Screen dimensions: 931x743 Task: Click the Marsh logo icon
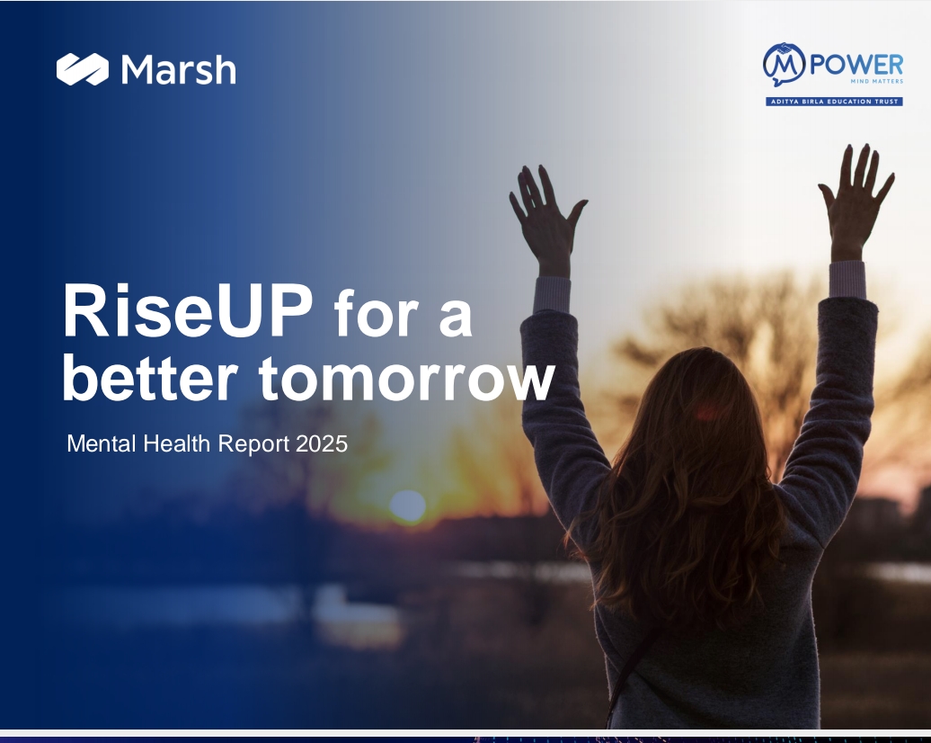[x=83, y=69]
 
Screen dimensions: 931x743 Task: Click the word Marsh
[x=179, y=69]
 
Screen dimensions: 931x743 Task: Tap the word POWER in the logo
[x=856, y=64]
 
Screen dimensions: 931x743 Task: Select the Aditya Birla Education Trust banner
[x=834, y=102]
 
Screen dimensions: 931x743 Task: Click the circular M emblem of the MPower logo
[x=784, y=63]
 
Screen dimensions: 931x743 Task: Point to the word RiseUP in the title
[x=187, y=310]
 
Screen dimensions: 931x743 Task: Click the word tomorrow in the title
[x=407, y=378]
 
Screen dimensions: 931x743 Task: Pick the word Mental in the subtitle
[x=102, y=444]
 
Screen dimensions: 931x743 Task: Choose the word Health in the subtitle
[x=177, y=444]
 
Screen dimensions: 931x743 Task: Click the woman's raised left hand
[x=545, y=219]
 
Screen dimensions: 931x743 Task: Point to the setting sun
[x=408, y=506]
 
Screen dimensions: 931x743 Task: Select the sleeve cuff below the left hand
[x=552, y=294]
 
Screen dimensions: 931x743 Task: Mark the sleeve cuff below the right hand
[x=847, y=280]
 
